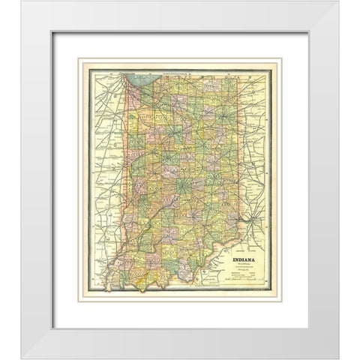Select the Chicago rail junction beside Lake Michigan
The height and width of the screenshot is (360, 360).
(x=120, y=80)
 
